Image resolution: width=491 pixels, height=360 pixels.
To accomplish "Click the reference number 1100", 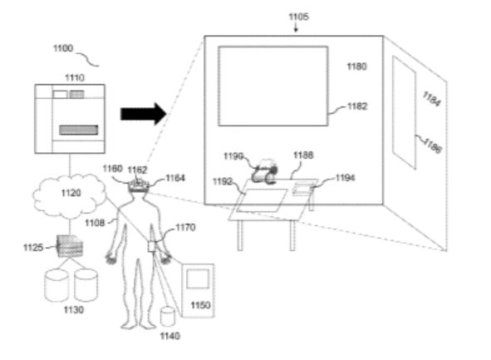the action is (63, 48).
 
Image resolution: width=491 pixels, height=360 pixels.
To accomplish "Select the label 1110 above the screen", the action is (75, 77).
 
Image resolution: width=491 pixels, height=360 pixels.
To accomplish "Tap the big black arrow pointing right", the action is (144, 114).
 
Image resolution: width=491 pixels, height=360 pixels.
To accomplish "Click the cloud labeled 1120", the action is (70, 195).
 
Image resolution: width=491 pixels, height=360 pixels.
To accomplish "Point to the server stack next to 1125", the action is (70, 246).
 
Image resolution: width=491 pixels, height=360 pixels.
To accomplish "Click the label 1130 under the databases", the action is (74, 310).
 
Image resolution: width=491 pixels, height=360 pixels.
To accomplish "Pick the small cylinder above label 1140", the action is (168, 317).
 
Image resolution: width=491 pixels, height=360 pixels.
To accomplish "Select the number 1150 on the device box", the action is (200, 305).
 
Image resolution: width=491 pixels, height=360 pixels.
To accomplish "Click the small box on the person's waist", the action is (152, 246).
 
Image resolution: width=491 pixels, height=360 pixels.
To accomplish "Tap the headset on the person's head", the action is (139, 185).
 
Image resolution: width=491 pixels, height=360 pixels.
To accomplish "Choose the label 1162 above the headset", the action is (137, 170).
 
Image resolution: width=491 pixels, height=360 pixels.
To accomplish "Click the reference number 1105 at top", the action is (298, 17).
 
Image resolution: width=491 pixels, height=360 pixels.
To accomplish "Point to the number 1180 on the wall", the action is (356, 67).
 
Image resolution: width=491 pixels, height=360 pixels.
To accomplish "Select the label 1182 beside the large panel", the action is (357, 106).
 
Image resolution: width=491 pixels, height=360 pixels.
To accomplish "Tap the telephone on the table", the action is (265, 171).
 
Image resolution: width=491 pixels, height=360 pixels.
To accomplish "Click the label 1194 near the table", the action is (345, 178).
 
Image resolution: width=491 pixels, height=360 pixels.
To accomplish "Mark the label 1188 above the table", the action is (303, 155).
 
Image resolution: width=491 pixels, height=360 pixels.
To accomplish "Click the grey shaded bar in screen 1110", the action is (79, 130).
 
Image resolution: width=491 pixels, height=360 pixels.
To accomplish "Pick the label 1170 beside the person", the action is (185, 227).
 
